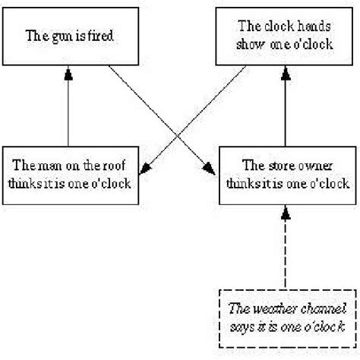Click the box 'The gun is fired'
[x=71, y=36]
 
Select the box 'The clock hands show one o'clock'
[x=285, y=36]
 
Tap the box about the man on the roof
[x=71, y=174]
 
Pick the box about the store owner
[x=286, y=174]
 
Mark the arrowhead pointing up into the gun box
[x=69, y=70]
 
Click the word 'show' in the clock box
[x=250, y=45]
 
